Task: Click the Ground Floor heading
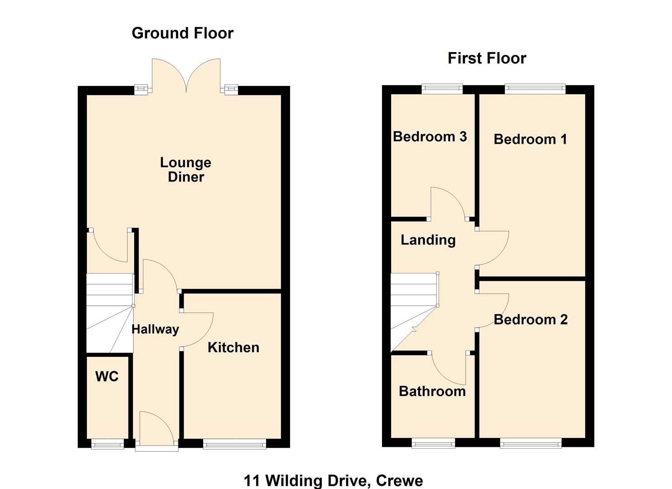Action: pyautogui.click(x=182, y=33)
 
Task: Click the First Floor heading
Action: pyautogui.click(x=486, y=58)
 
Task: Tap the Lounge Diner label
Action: pyautogui.click(x=186, y=169)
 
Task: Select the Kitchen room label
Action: pyautogui.click(x=233, y=347)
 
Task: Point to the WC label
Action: pyautogui.click(x=107, y=376)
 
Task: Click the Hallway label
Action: pyautogui.click(x=155, y=329)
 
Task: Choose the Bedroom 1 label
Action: pyautogui.click(x=530, y=139)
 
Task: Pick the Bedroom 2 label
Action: pyautogui.click(x=530, y=320)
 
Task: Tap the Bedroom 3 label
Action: pyautogui.click(x=429, y=136)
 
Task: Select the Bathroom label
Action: pyautogui.click(x=432, y=391)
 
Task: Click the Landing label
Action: pyautogui.click(x=428, y=240)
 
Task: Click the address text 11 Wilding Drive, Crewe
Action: pyautogui.click(x=333, y=480)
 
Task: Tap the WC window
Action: pyautogui.click(x=107, y=444)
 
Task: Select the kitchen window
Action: pyautogui.click(x=234, y=444)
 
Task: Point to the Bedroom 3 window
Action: pyautogui.click(x=442, y=88)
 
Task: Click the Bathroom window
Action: pyautogui.click(x=433, y=443)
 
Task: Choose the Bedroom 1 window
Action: pyautogui.click(x=535, y=88)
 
